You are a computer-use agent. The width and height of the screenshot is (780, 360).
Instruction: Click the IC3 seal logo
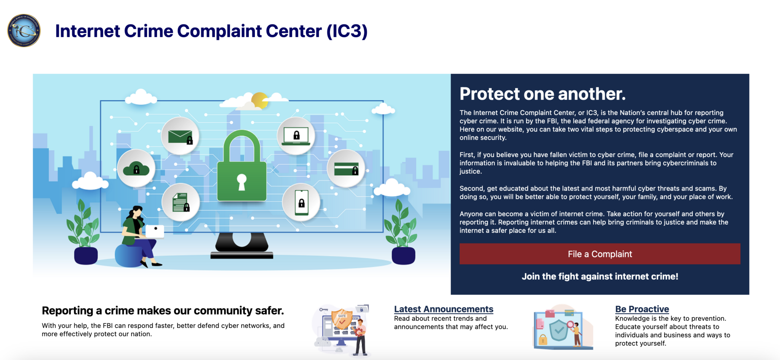click(x=24, y=30)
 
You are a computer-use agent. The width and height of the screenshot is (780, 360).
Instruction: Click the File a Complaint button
click(x=599, y=254)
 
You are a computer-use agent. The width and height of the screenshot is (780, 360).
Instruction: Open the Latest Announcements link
click(x=443, y=309)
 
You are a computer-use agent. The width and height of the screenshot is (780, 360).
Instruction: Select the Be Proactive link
click(x=642, y=309)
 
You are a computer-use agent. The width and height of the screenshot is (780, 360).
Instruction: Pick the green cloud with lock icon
click(x=136, y=168)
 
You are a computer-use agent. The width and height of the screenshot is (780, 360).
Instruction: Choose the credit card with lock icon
click(x=346, y=168)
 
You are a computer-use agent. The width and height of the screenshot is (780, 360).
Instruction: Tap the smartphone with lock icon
click(x=301, y=202)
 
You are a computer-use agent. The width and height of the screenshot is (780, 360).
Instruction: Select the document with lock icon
click(x=181, y=202)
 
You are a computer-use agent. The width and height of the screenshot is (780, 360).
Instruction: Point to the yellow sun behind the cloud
click(x=260, y=99)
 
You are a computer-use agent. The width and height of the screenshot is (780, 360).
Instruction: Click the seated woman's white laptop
click(x=155, y=231)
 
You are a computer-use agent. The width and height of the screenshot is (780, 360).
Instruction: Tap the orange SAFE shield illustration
click(x=342, y=319)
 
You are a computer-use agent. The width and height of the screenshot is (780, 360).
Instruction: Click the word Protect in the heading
click(x=489, y=94)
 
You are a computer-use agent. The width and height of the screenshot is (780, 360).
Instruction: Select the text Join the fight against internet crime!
click(x=599, y=276)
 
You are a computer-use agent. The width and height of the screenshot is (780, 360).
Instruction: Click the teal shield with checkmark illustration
click(x=558, y=330)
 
